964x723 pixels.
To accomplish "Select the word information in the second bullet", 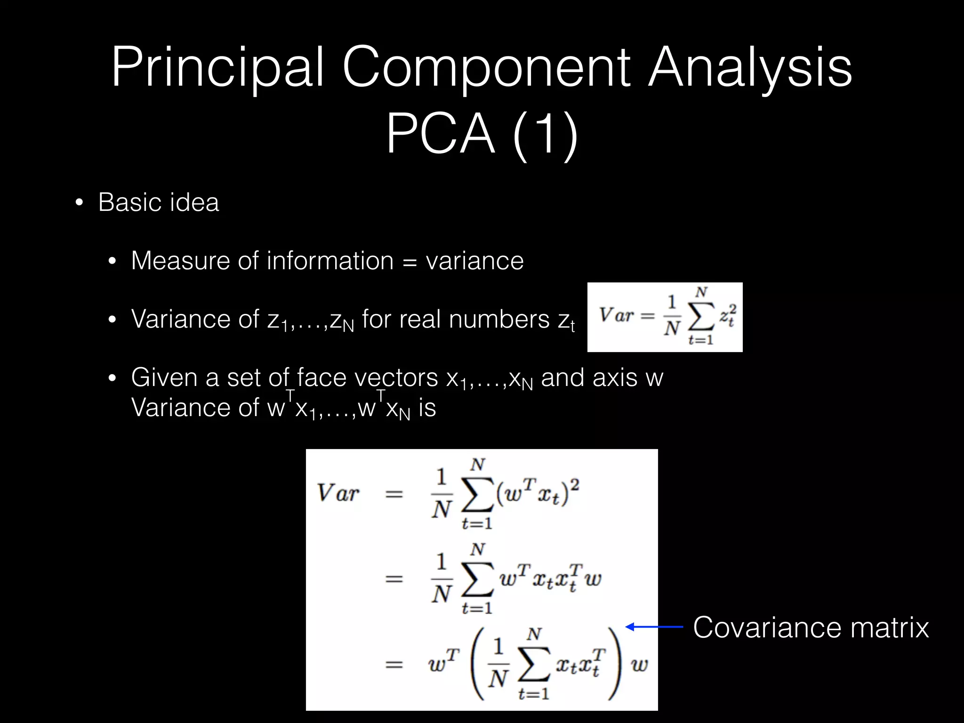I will click(x=329, y=261).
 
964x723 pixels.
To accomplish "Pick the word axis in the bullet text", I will click(x=614, y=378).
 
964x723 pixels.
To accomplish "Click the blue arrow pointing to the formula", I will click(x=654, y=627).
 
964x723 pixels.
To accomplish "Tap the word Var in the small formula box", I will click(x=616, y=314).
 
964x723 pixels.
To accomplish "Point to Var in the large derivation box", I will click(x=337, y=493).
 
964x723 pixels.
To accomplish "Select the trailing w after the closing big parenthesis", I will click(x=640, y=665).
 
